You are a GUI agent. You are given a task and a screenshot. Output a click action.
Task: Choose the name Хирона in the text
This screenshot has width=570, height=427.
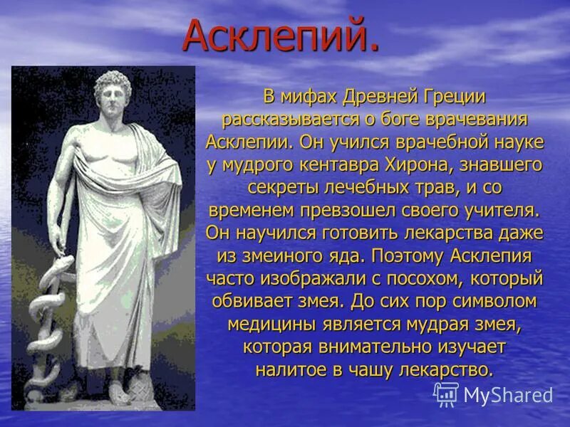[436, 164]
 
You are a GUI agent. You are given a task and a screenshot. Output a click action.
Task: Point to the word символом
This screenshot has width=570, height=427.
[489, 301]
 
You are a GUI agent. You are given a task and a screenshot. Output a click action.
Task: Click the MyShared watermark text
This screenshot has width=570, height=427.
[507, 395]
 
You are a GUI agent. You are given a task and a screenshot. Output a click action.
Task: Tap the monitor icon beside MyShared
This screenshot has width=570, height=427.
[446, 394]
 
